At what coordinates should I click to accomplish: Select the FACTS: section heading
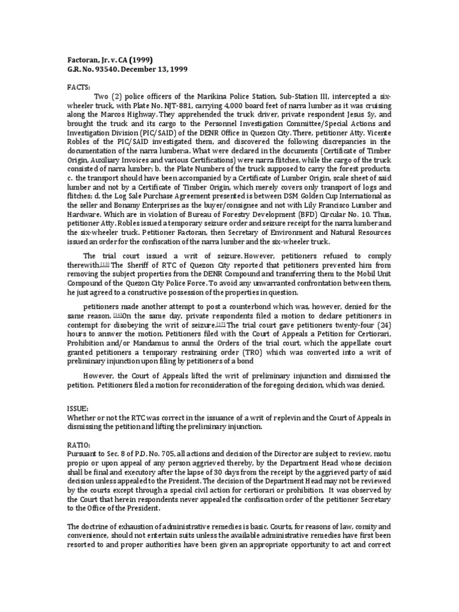click(x=78, y=86)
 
